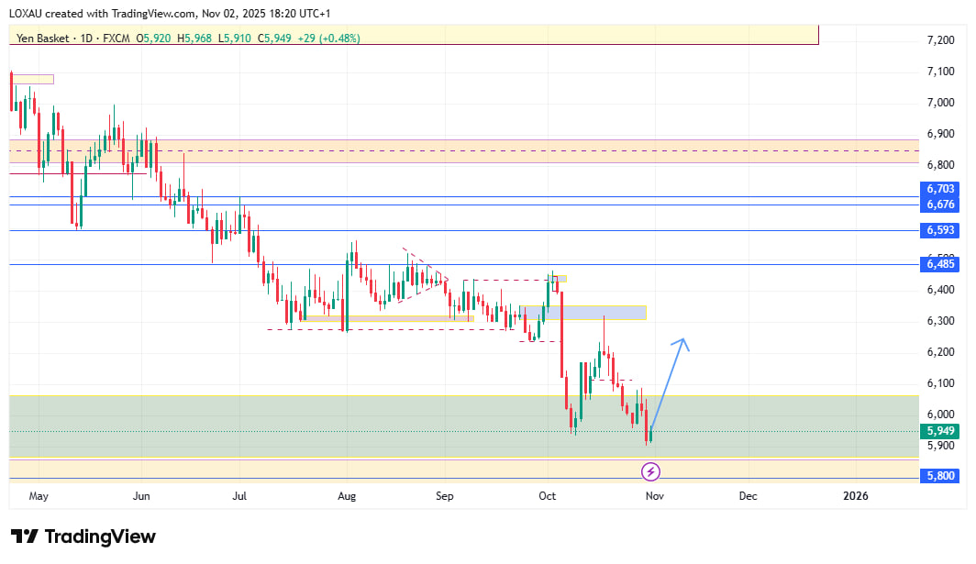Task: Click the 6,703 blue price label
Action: (940, 189)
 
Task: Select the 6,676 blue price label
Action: (940, 204)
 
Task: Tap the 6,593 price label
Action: (940, 230)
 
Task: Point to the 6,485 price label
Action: (940, 264)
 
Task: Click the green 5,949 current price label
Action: (940, 431)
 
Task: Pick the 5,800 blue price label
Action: (940, 477)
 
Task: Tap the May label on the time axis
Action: (39, 496)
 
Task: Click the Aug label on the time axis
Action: (347, 496)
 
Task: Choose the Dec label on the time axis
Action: (749, 496)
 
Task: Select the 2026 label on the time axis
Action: (855, 496)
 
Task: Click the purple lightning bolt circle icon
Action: (650, 472)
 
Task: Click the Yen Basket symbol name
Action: (44, 39)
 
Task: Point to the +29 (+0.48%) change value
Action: (327, 39)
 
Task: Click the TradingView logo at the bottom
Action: (83, 536)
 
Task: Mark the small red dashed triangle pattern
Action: (423, 271)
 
